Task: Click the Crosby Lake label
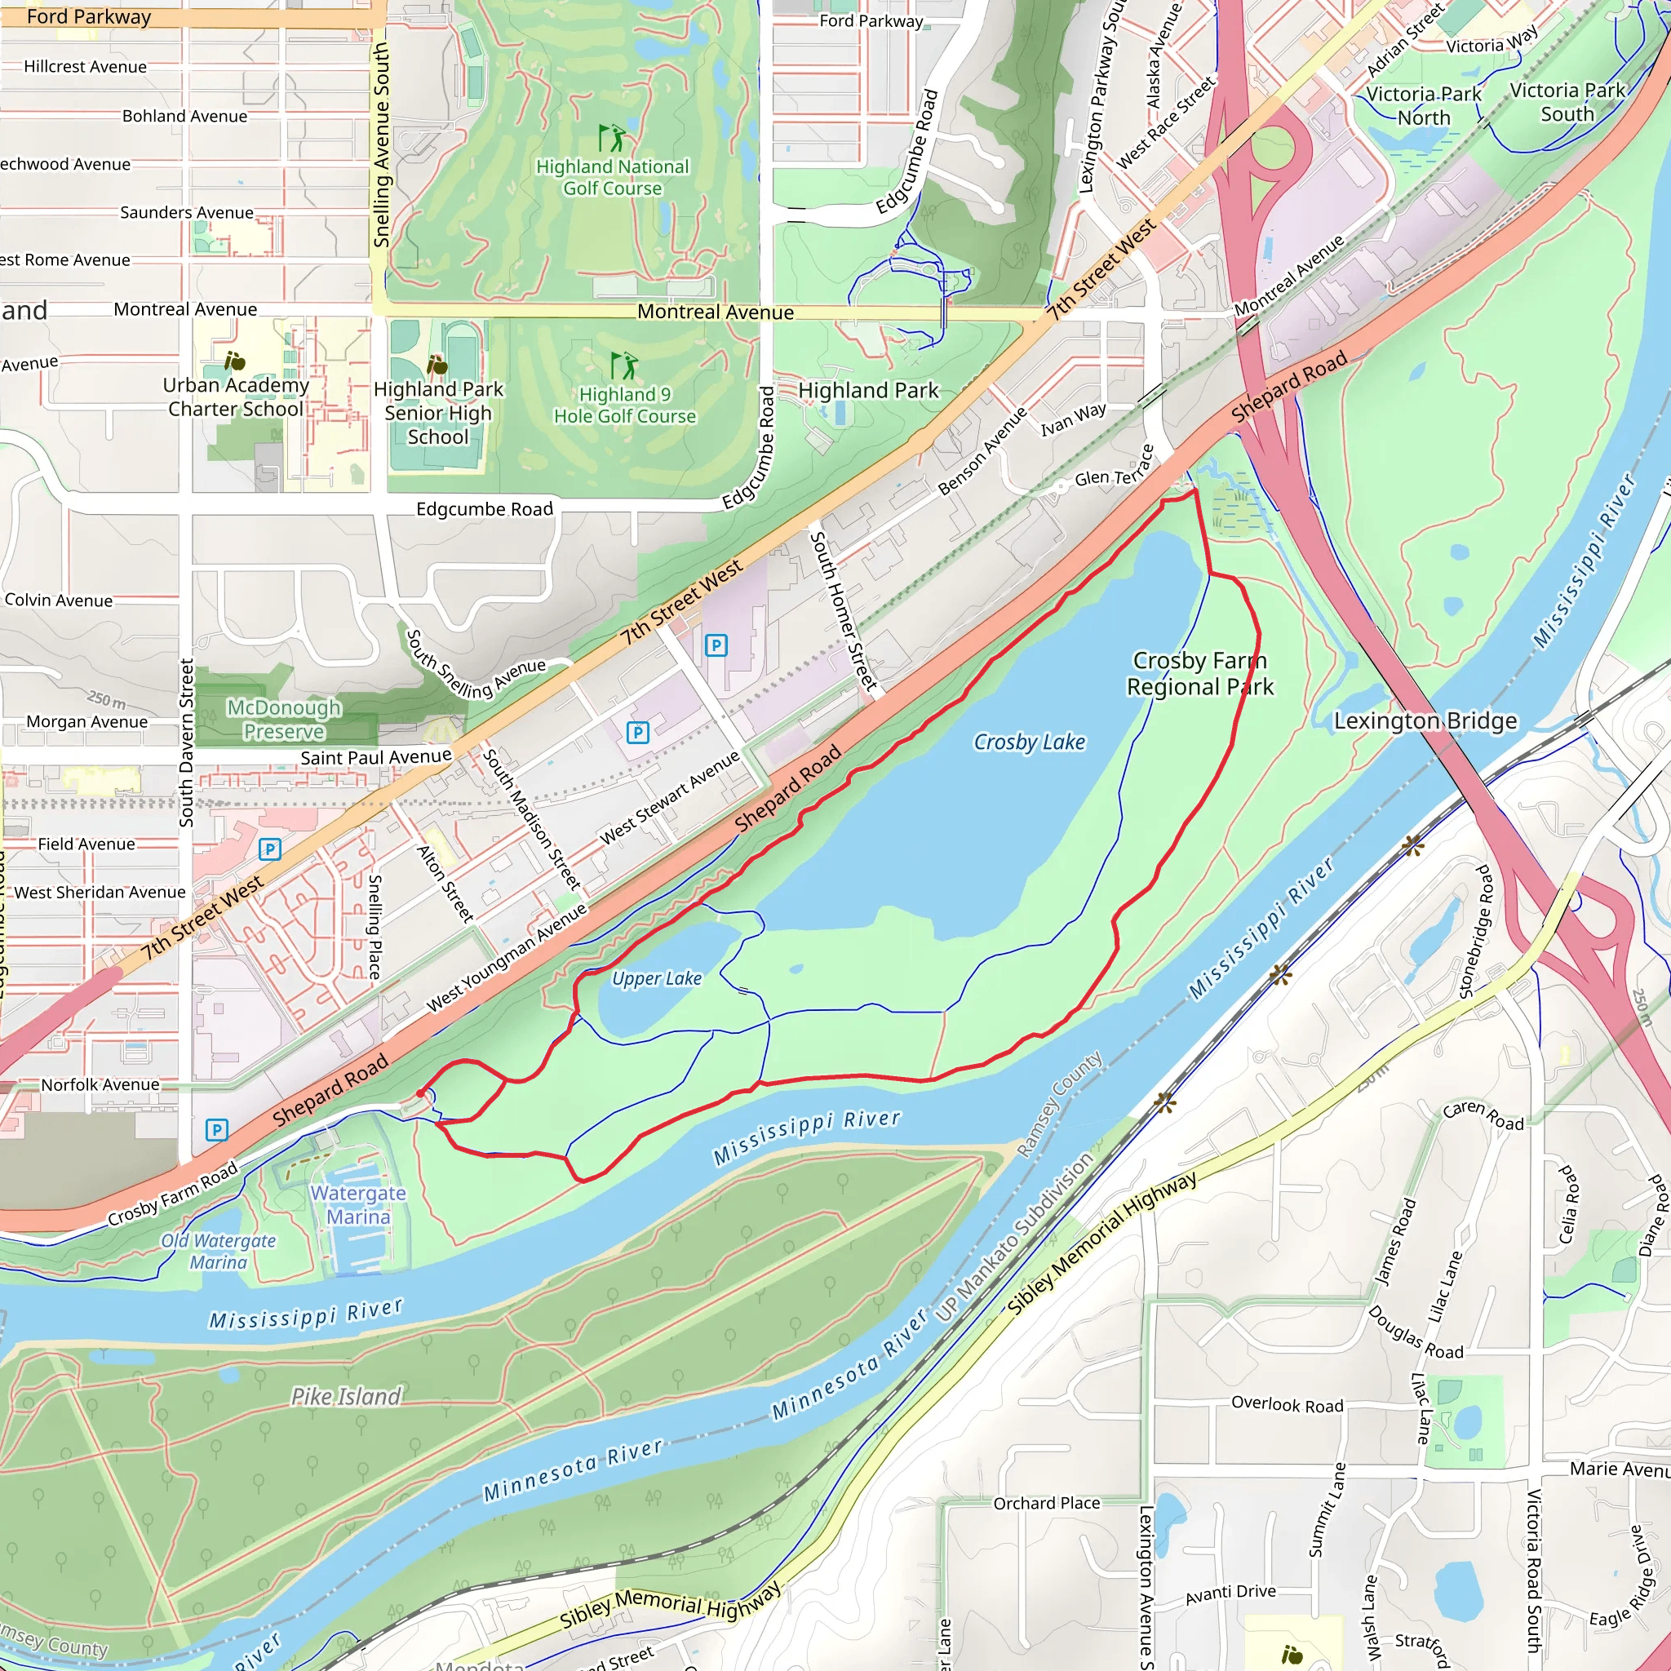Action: pos(1029,742)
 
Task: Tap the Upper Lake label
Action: pos(657,978)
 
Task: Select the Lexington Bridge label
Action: pos(1425,720)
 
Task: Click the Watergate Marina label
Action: pos(358,1204)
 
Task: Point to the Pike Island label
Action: pos(346,1396)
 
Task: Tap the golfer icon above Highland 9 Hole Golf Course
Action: pos(623,365)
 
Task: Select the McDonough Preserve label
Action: pos(284,719)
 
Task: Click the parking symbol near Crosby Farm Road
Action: pos(216,1129)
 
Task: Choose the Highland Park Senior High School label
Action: pos(437,413)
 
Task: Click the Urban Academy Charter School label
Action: pos(235,397)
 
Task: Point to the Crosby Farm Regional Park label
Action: pos(1199,673)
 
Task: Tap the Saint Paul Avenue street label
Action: pos(375,758)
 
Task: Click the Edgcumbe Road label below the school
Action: pos(485,508)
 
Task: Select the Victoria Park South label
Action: pos(1567,102)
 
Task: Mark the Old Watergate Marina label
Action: pos(218,1251)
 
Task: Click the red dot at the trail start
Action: pos(420,1093)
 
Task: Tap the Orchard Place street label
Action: pos(1047,1503)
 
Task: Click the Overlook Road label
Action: pos(1287,1405)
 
